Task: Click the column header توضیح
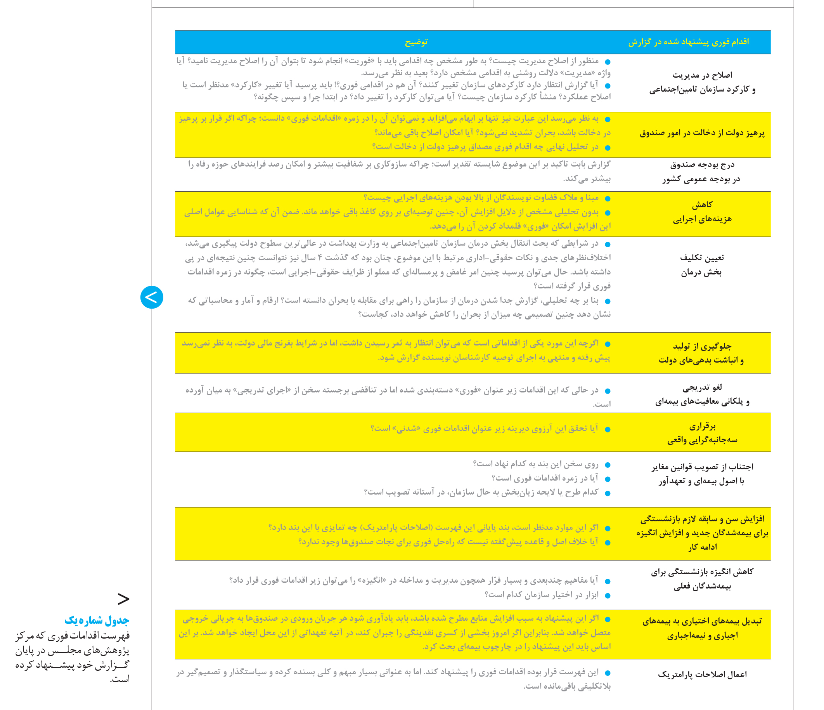pos(416,42)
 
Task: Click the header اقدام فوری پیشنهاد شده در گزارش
pos(688,42)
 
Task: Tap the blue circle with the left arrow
pos(152,297)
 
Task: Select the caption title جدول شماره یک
pos(97,620)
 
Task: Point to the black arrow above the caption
pos(124,599)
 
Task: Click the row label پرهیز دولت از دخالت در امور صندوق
pos(702,133)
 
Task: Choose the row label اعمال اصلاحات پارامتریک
pos(702,674)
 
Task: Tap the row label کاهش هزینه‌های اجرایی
pos(702,212)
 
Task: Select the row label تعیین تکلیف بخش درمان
pos(702,265)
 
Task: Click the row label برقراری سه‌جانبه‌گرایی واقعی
pos(702,433)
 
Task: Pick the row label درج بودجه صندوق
pos(702,172)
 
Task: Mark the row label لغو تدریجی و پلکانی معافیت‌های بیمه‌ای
pos(702,394)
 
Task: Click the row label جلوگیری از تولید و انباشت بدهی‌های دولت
pos(702,353)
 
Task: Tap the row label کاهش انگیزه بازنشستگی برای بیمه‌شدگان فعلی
pos(702,579)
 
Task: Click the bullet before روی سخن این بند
pos(607,465)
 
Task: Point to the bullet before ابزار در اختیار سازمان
pos(607,595)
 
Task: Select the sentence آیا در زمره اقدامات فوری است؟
pos(545,478)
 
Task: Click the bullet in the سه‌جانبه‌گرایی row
pos(607,429)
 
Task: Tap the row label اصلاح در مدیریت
pos(702,82)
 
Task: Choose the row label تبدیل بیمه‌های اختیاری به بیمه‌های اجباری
pos(702,628)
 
